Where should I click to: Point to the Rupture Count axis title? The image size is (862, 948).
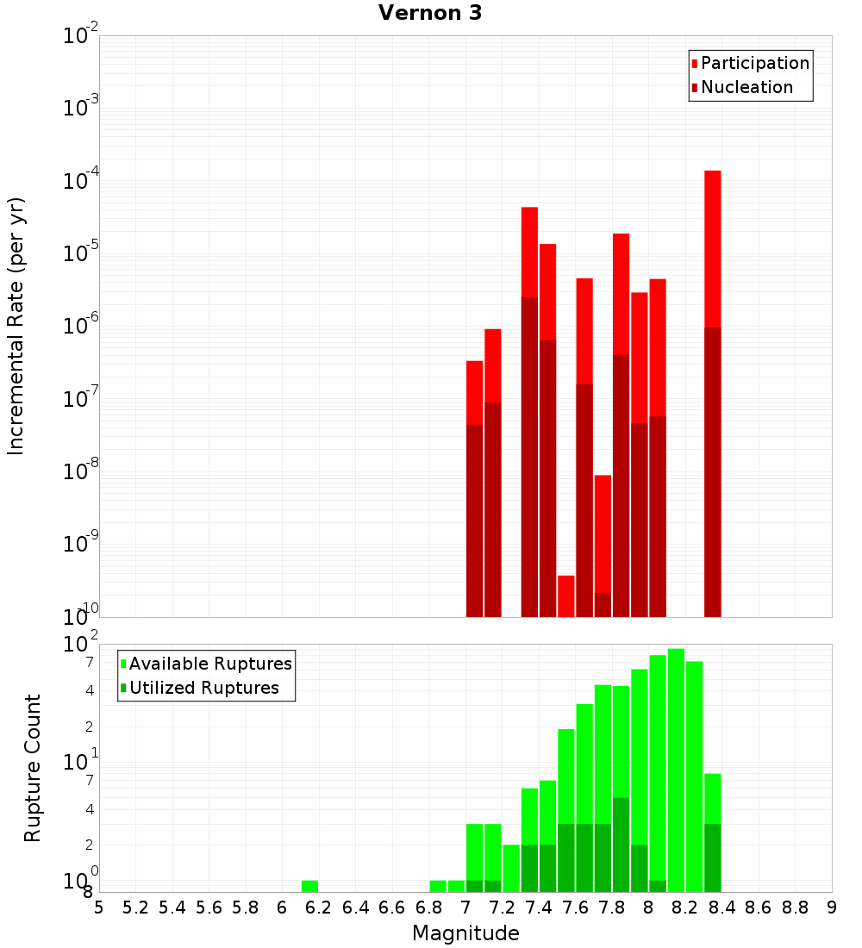(x=33, y=768)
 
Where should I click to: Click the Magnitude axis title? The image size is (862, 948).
(x=465, y=932)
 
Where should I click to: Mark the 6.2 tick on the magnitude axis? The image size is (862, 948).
(x=319, y=907)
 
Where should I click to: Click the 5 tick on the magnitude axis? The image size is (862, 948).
(x=99, y=907)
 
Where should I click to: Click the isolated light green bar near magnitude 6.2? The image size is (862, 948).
(x=309, y=886)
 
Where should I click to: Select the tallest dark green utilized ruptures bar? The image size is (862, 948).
(x=621, y=845)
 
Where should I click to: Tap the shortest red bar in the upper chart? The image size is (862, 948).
(x=565, y=596)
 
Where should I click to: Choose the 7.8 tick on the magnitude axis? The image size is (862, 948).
(x=612, y=907)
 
